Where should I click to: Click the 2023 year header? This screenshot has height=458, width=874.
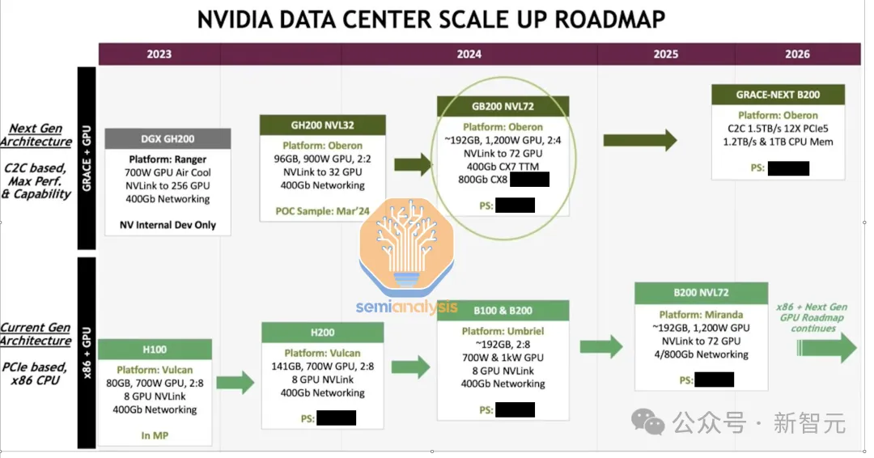tap(159, 54)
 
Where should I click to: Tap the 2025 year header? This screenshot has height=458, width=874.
tap(665, 54)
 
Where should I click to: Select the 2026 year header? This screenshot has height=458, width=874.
tap(797, 54)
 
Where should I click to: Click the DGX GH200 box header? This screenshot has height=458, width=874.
tap(168, 139)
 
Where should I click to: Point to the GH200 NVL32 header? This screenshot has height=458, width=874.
tap(323, 125)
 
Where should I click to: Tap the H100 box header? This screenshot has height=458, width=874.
tap(155, 350)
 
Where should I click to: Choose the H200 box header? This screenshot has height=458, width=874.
tap(322, 333)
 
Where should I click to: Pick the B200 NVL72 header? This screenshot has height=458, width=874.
tap(701, 293)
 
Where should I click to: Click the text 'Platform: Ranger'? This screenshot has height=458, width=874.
tap(168, 159)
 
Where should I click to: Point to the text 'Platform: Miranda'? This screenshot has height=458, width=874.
tap(701, 315)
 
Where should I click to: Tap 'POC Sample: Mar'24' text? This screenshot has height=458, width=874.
tap(323, 213)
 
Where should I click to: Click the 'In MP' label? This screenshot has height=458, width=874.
tap(155, 435)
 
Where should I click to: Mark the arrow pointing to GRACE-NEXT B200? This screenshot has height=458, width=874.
tap(640, 141)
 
